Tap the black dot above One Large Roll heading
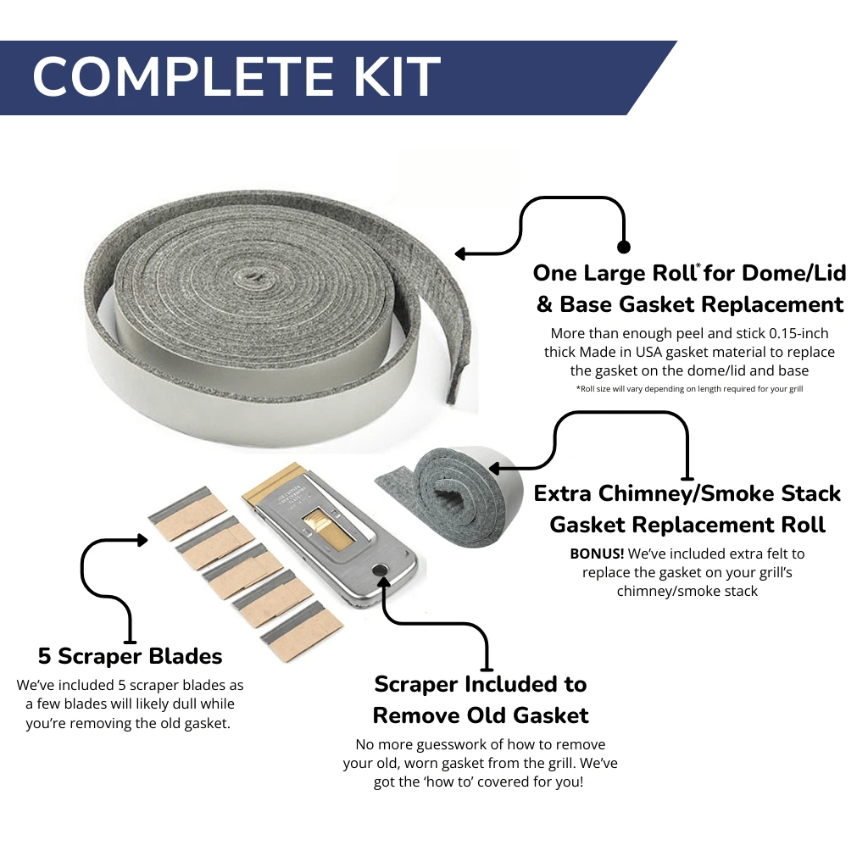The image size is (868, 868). click(x=624, y=247)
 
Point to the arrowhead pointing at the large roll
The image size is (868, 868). click(x=460, y=253)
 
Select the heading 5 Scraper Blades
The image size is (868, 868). click(x=130, y=656)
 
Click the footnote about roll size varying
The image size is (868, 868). click(x=689, y=389)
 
